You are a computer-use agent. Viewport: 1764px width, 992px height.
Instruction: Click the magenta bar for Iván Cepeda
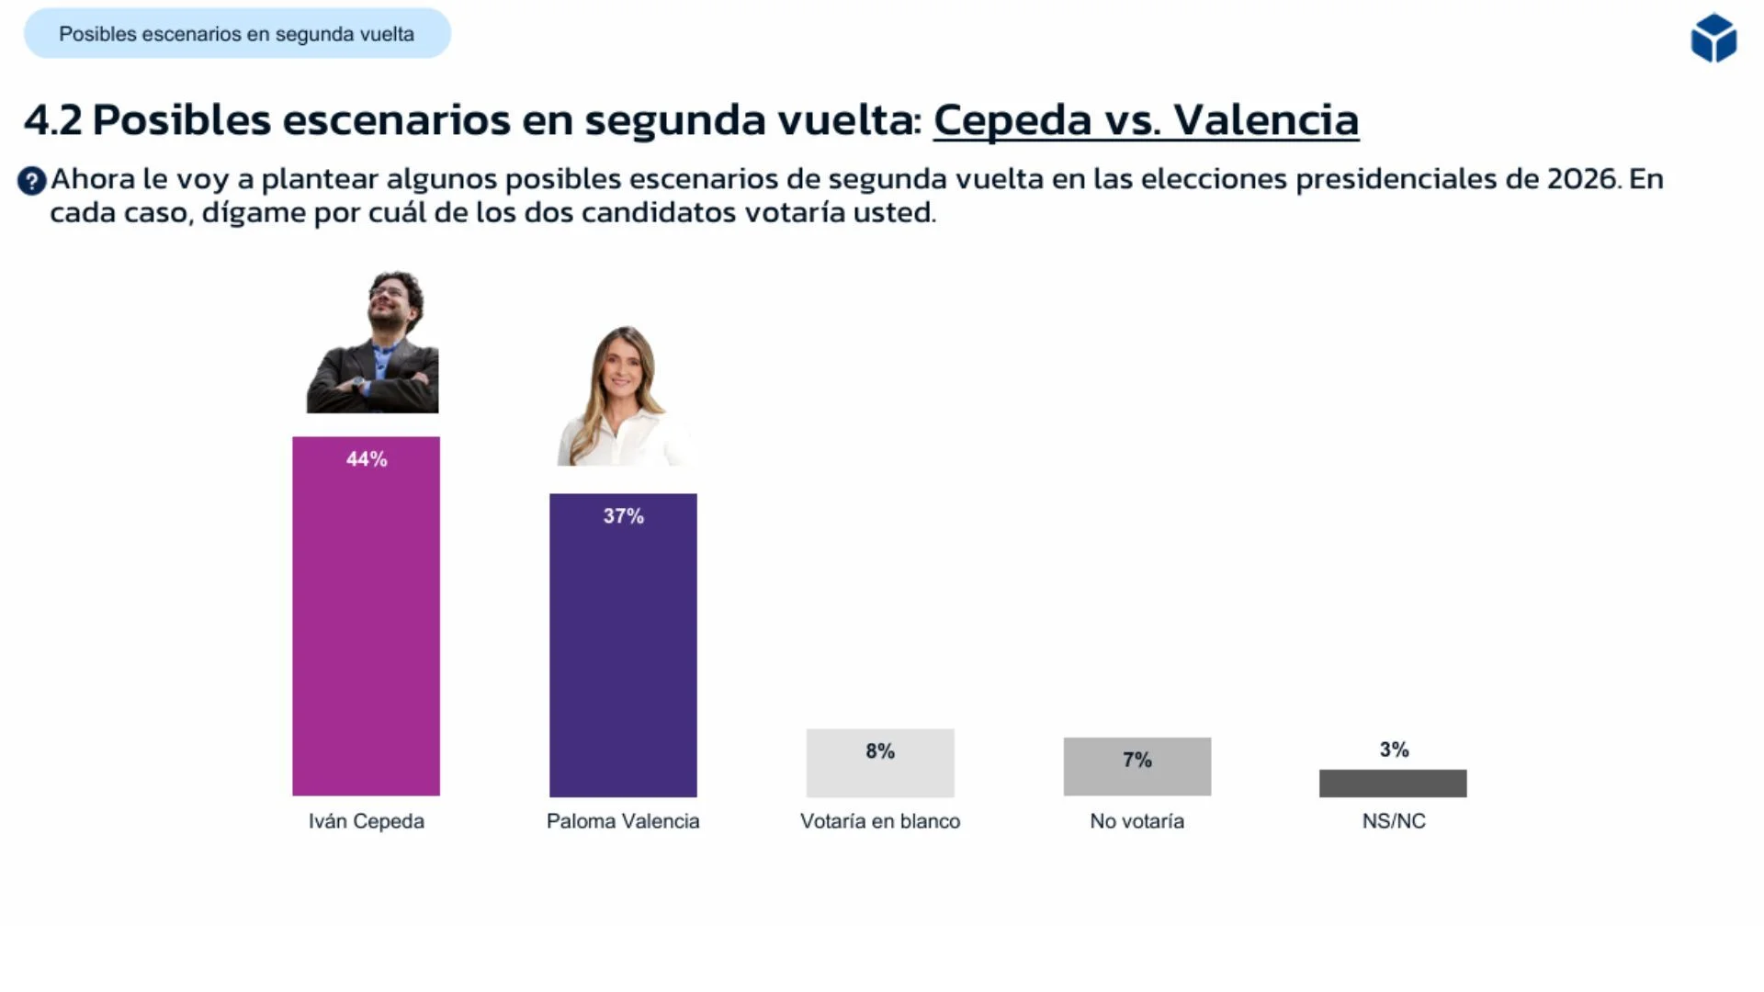click(366, 634)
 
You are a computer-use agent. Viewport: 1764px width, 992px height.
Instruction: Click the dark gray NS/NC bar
click(1393, 783)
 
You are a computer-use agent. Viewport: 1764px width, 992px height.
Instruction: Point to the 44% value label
click(367, 459)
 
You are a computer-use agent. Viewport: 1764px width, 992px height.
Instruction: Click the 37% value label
click(623, 516)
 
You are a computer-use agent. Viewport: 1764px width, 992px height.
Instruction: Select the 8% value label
click(880, 751)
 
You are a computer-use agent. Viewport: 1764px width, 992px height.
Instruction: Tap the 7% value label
click(1136, 760)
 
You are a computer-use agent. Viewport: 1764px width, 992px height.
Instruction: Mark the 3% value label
click(1394, 750)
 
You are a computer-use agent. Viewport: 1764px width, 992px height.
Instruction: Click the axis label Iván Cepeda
click(366, 821)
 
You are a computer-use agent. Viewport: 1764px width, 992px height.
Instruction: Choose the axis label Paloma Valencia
click(623, 821)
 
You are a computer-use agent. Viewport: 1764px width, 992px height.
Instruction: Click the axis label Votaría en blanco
click(880, 821)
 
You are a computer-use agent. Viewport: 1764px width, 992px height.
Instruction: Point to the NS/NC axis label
click(1394, 821)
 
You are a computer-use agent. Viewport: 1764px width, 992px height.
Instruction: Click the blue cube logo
click(1713, 39)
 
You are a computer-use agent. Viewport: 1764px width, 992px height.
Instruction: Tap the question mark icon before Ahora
click(31, 181)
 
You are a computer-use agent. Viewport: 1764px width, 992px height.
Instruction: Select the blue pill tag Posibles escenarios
click(237, 34)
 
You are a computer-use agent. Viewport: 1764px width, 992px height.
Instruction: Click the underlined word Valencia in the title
click(1265, 120)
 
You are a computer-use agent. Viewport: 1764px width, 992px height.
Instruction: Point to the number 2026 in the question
click(1582, 179)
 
